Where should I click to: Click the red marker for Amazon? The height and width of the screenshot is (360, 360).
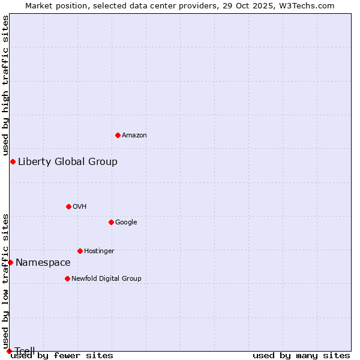click(x=118, y=135)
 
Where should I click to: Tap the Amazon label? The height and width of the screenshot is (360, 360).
click(x=134, y=136)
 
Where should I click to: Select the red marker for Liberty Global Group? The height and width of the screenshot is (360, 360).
click(x=13, y=161)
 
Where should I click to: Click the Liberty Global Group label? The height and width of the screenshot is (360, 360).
click(x=68, y=161)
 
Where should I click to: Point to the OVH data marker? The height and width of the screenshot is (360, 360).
click(x=68, y=206)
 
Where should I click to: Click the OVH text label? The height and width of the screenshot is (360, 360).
click(x=80, y=207)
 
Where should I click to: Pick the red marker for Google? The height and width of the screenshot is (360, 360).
click(x=111, y=222)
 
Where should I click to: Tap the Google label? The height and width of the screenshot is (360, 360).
click(x=126, y=223)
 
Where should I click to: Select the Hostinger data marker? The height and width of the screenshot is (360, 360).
click(x=80, y=251)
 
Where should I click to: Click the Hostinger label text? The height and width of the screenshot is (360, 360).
click(x=99, y=251)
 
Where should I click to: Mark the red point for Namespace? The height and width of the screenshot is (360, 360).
click(x=10, y=262)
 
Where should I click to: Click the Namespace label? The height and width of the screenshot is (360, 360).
click(x=43, y=262)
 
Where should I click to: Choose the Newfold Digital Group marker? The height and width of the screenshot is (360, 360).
click(x=67, y=278)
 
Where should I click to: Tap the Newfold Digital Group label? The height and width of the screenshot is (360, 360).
click(x=106, y=279)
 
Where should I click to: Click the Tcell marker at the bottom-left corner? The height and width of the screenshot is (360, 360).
click(x=9, y=351)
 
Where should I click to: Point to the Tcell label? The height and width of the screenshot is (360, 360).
click(x=25, y=351)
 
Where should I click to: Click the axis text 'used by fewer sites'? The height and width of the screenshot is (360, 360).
click(x=62, y=356)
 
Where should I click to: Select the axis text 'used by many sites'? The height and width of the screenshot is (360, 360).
click(x=301, y=356)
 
